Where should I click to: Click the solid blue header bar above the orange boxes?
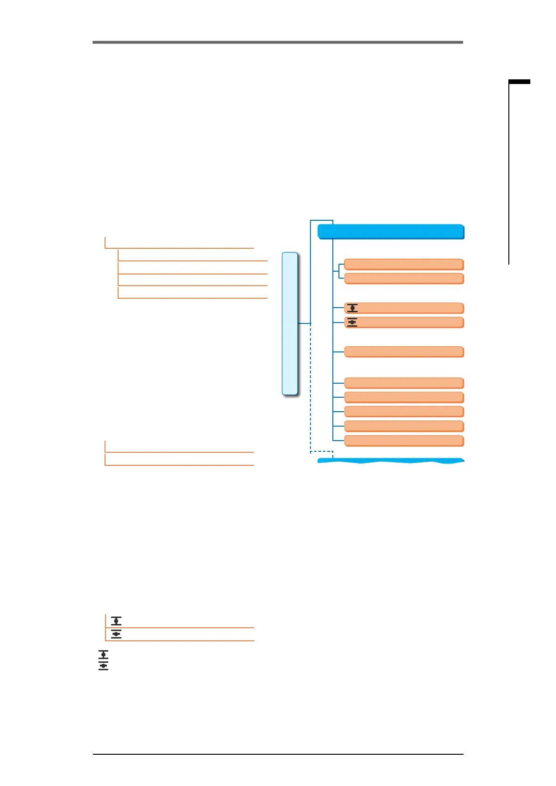pyautogui.click(x=391, y=232)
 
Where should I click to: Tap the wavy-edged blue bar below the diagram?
pyautogui.click(x=391, y=461)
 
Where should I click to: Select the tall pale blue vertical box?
pyautogui.click(x=290, y=323)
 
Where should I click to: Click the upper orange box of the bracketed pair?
pyautogui.click(x=404, y=264)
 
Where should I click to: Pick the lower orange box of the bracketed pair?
pyautogui.click(x=404, y=279)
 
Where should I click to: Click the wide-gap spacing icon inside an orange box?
pyautogui.click(x=352, y=308)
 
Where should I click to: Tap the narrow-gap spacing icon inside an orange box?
pyautogui.click(x=352, y=322)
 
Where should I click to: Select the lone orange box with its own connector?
pyautogui.click(x=404, y=351)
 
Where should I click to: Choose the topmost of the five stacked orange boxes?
pyautogui.click(x=404, y=383)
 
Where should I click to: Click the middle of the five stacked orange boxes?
pyautogui.click(x=404, y=412)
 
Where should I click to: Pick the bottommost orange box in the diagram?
pyautogui.click(x=404, y=441)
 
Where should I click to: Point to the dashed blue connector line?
pyautogui.click(x=311, y=420)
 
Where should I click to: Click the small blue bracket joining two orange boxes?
pyautogui.click(x=338, y=271)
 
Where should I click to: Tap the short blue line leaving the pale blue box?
pyautogui.click(x=304, y=323)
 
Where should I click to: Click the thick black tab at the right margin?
pyautogui.click(x=519, y=82)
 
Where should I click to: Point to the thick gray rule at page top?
pyautogui.click(x=277, y=42)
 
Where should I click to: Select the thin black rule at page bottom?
pyautogui.click(x=278, y=754)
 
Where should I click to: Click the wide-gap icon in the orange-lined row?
pyautogui.click(x=116, y=621)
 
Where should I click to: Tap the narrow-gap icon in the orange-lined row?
pyautogui.click(x=116, y=634)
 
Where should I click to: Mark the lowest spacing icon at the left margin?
pyautogui.click(x=104, y=666)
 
